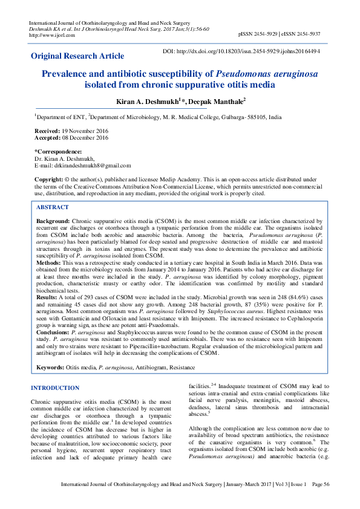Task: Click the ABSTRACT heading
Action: [x=53, y=207]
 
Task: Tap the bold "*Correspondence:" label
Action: [x=58, y=151]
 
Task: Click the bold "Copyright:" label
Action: [x=49, y=180]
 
